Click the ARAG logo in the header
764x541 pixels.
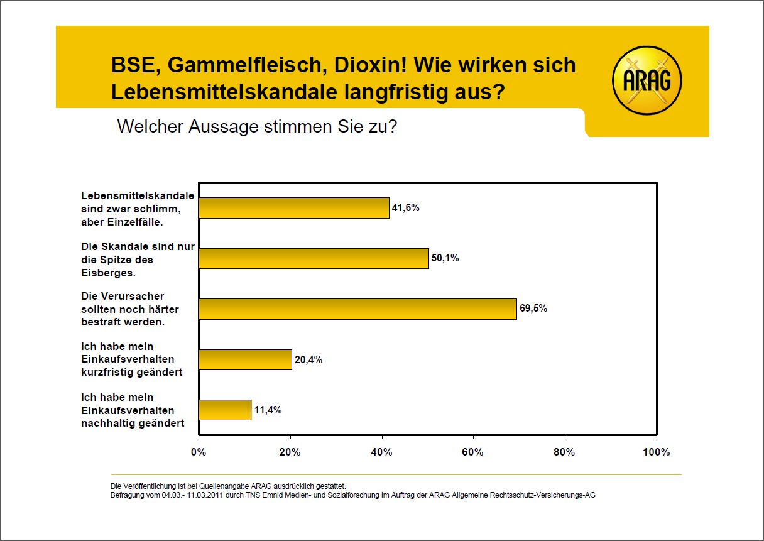coord(647,81)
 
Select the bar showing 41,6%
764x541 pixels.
coord(293,208)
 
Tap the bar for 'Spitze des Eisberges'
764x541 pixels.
coord(314,258)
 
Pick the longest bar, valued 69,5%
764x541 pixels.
coord(357,309)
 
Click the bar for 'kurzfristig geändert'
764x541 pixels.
coord(245,359)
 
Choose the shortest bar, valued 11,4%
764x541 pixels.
coord(224,410)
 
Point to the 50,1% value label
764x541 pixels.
coord(445,258)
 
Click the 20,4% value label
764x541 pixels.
coord(308,360)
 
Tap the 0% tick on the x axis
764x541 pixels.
coord(199,452)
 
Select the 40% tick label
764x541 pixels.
coord(381,452)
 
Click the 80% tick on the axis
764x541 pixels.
coord(564,452)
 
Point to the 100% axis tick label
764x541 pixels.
coord(657,452)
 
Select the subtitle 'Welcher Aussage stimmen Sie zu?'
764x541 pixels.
coord(257,126)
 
